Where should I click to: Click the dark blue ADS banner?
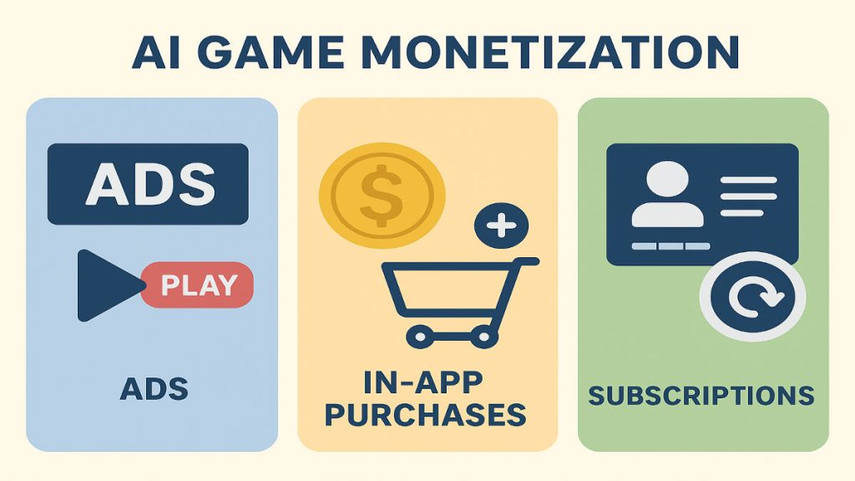pyautogui.click(x=148, y=184)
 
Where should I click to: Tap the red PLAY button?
pyautogui.click(x=197, y=285)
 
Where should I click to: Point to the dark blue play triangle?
pyautogui.click(x=106, y=286)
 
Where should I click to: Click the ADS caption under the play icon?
pyautogui.click(x=154, y=389)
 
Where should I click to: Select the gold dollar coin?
pyautogui.click(x=382, y=195)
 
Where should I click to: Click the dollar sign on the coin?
pyautogui.click(x=382, y=195)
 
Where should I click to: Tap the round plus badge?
pyautogui.click(x=502, y=225)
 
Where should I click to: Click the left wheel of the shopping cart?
pyautogui.click(x=419, y=337)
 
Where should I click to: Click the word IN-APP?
pyautogui.click(x=423, y=382)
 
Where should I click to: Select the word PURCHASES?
pyautogui.click(x=425, y=415)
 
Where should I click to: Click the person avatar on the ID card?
pyautogui.click(x=667, y=194)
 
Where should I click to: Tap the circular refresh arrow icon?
pyautogui.click(x=752, y=296)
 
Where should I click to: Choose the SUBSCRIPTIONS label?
pyautogui.click(x=701, y=395)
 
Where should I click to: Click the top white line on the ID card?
pyautogui.click(x=749, y=180)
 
